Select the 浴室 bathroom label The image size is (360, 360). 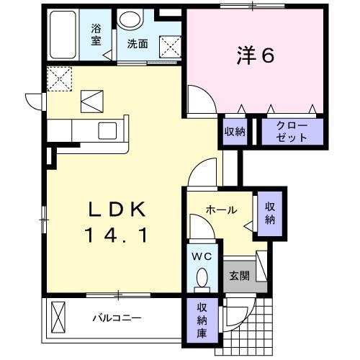point(95,35)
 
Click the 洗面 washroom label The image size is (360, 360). point(138,43)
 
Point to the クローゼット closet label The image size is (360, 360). point(292,131)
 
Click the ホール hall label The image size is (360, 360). point(221,210)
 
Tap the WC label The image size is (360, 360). point(200,256)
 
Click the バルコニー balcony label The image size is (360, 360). point(116,317)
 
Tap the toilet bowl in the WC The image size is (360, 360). point(202,277)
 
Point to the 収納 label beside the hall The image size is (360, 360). point(270,213)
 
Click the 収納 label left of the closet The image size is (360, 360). point(234,131)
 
